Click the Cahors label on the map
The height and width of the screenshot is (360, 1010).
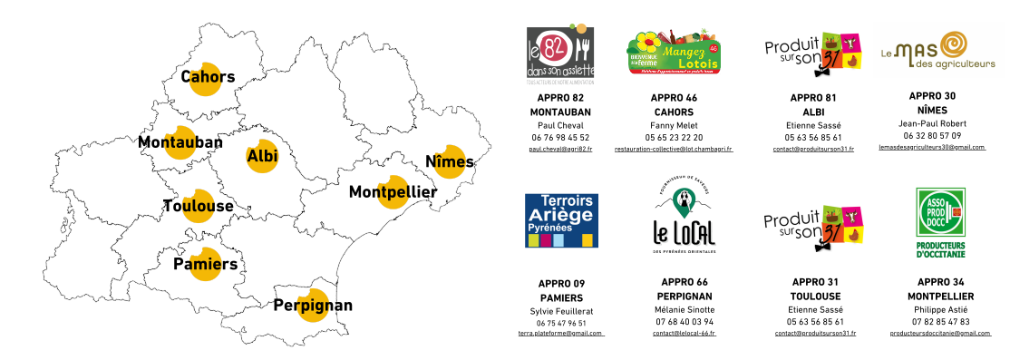(x=208, y=77)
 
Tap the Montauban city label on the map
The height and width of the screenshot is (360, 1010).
(x=180, y=142)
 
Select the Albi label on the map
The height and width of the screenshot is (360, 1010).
(x=262, y=156)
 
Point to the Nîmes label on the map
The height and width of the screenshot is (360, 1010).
(x=450, y=161)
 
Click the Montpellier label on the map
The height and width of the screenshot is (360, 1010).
(x=393, y=191)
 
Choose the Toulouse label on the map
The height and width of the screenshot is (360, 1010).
(x=198, y=206)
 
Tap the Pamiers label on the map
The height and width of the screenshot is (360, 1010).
(x=205, y=264)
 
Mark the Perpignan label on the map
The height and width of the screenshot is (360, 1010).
(x=313, y=305)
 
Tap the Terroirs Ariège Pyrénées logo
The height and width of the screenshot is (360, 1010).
(x=560, y=220)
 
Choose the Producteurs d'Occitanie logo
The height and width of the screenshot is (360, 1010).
(x=940, y=223)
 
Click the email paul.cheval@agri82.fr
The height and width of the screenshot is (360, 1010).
(x=560, y=148)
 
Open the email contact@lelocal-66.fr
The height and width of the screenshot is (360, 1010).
(x=684, y=334)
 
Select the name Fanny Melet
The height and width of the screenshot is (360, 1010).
(x=673, y=125)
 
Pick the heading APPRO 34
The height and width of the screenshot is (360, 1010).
(x=940, y=282)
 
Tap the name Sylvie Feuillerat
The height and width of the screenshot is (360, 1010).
(x=560, y=311)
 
